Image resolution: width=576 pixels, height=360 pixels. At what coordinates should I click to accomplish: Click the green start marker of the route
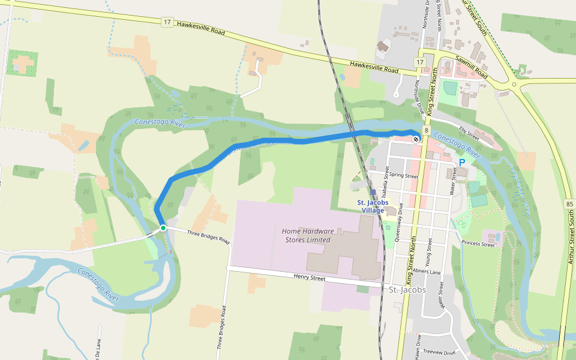163,228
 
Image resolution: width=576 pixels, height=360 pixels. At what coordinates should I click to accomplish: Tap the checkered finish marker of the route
416,139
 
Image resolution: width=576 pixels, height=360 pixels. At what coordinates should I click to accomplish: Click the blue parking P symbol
462,163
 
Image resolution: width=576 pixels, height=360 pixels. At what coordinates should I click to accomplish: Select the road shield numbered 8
425,130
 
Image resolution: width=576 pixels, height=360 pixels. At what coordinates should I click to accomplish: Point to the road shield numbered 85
569,205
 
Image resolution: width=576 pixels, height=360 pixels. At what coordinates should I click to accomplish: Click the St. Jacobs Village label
371,206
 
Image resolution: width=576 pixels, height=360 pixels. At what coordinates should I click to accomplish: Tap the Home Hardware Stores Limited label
306,235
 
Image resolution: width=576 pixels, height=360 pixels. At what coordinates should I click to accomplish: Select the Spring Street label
403,176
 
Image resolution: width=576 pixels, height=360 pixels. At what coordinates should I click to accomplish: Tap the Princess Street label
478,244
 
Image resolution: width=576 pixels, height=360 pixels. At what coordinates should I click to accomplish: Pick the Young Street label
428,252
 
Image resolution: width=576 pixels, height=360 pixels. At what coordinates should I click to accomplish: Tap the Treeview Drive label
440,352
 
